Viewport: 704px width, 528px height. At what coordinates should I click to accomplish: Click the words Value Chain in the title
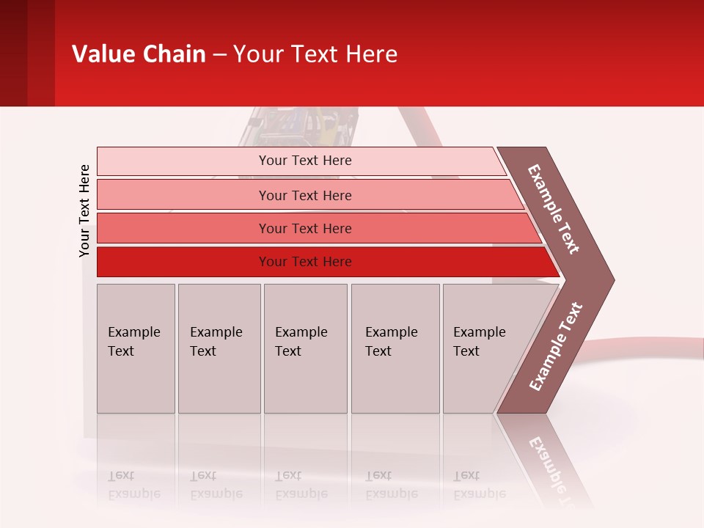pyautogui.click(x=139, y=54)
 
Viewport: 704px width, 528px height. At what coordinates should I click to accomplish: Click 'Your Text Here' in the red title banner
pyautogui.click(x=315, y=54)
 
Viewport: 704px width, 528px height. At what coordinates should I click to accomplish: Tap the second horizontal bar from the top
pyautogui.click(x=304, y=195)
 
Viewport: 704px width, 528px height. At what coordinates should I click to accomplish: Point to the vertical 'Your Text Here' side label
pyautogui.click(x=84, y=210)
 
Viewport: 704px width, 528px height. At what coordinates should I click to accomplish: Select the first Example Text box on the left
pyautogui.click(x=136, y=348)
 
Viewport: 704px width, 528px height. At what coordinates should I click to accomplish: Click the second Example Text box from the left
pyautogui.click(x=219, y=348)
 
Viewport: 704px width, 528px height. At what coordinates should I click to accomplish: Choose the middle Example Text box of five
pyautogui.click(x=305, y=348)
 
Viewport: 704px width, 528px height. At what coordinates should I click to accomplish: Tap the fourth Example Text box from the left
pyautogui.click(x=395, y=348)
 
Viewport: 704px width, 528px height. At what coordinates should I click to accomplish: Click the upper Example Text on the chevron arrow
pyautogui.click(x=554, y=209)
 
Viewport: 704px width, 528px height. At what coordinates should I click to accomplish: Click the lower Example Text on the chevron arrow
pyautogui.click(x=556, y=346)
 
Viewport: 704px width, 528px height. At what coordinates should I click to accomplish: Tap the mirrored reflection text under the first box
pyautogui.click(x=134, y=484)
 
